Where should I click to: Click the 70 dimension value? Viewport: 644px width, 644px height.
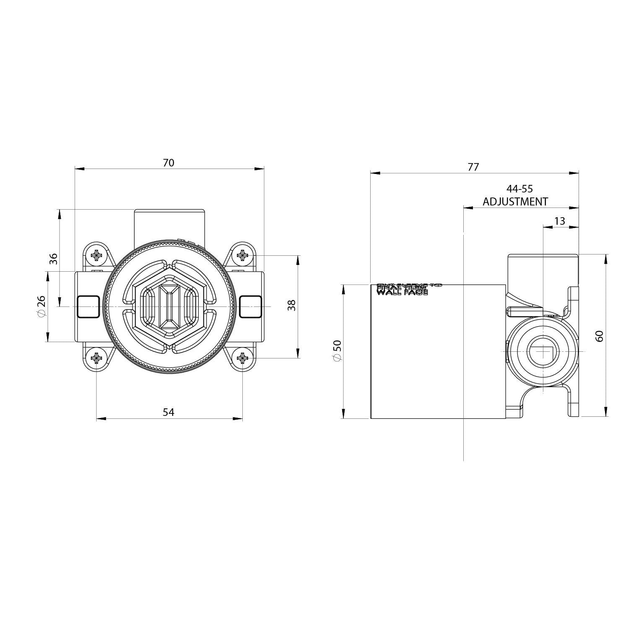[169, 163]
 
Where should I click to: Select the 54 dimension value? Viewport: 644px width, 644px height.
[169, 412]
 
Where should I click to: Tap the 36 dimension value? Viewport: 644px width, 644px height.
[54, 259]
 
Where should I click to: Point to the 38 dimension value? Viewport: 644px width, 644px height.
[292, 305]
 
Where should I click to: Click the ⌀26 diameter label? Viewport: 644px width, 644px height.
[41, 306]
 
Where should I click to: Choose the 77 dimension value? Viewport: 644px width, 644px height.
[473, 167]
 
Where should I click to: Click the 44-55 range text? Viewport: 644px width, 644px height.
[519, 189]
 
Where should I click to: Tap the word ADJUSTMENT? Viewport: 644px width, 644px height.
[515, 202]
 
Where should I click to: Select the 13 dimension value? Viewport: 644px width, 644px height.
[559, 221]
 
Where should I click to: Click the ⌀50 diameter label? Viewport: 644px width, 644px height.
[337, 351]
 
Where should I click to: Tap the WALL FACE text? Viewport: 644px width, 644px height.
[402, 292]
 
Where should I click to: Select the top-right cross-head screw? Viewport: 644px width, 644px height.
[242, 254]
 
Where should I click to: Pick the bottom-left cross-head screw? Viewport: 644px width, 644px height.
[96, 358]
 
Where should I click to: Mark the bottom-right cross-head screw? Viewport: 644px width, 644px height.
[242, 358]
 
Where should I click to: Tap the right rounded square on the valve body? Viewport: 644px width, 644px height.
[250, 307]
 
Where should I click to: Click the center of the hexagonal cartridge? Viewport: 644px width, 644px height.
[169, 306]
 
